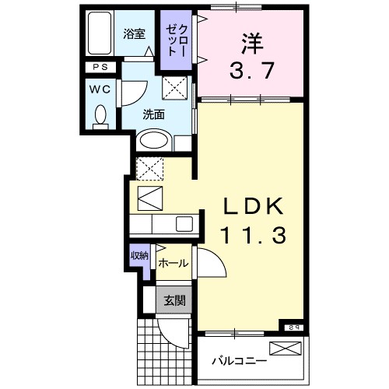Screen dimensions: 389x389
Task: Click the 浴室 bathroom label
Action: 134,34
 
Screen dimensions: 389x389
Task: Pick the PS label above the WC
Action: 100,68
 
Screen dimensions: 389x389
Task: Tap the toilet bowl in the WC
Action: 100,117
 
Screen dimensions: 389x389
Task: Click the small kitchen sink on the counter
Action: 184,224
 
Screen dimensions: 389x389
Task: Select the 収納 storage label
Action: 139,256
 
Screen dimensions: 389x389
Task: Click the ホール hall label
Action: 172,263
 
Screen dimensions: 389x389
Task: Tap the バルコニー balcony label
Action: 239,361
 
